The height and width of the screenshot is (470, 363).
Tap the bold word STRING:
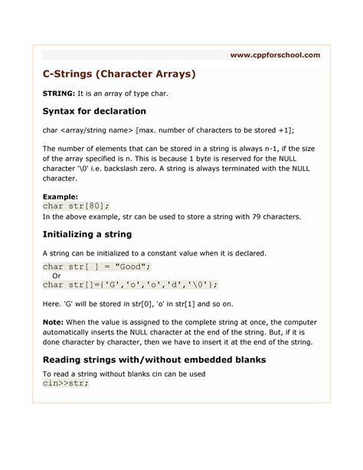pos(58,94)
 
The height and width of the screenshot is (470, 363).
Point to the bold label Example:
pos(60,196)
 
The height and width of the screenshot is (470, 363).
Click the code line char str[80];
pos(76,205)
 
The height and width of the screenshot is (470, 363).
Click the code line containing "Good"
pos(96,266)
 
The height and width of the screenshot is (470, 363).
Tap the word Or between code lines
pos(56,275)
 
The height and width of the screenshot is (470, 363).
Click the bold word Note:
pos(54,323)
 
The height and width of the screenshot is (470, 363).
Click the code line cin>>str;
pos(65,383)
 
